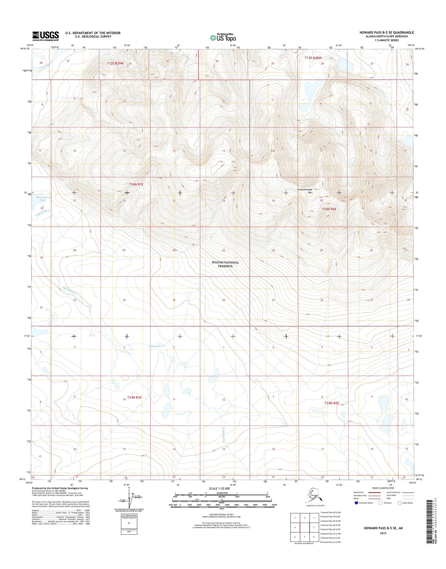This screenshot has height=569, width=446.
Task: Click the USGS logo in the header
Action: point(46,36)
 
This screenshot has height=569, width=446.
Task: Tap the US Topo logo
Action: point(223,37)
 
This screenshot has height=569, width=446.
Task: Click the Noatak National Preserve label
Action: point(225,264)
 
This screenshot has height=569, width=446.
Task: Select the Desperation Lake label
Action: point(43,199)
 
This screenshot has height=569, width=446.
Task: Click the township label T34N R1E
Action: point(136,184)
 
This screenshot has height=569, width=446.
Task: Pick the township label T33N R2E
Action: point(332,403)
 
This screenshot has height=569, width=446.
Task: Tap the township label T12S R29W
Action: point(115,63)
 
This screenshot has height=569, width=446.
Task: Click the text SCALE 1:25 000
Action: point(219,488)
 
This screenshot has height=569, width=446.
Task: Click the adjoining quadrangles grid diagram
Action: point(305,527)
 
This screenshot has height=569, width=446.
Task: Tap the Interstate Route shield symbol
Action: point(356,503)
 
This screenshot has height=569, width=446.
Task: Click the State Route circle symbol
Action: point(400,503)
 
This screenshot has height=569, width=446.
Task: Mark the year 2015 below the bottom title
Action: point(383,533)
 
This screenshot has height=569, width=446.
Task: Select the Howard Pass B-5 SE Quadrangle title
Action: point(386,32)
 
